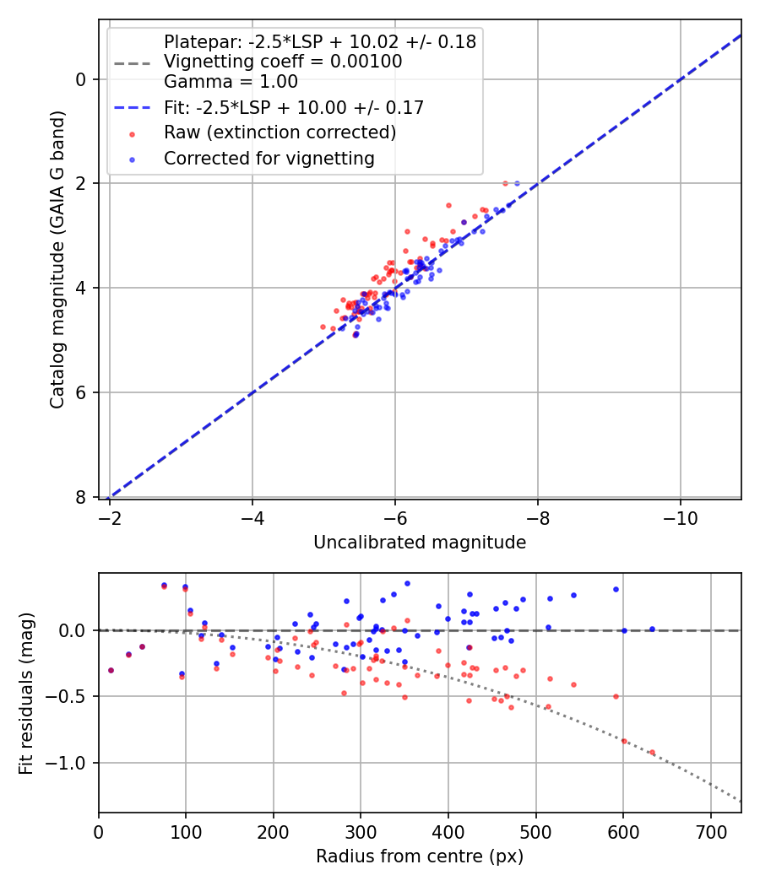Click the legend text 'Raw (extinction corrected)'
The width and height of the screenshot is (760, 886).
pyautogui.click(x=280, y=132)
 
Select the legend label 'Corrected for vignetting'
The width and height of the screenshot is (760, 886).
pyautogui.click(x=269, y=158)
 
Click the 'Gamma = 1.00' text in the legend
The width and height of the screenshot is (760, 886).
pyautogui.click(x=231, y=83)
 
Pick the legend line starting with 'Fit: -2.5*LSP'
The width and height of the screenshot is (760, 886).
pyautogui.click(x=293, y=108)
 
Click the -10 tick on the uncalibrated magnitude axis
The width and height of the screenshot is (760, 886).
pyautogui.click(x=681, y=518)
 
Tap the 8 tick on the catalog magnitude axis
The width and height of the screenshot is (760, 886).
pyautogui.click(x=82, y=497)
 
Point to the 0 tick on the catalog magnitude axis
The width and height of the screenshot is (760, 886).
pyautogui.click(x=82, y=79)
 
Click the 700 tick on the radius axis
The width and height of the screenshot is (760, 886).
pyautogui.click(x=710, y=831)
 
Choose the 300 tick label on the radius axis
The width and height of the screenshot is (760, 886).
pyautogui.click(x=361, y=831)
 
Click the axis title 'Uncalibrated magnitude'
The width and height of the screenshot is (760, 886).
pyautogui.click(x=420, y=543)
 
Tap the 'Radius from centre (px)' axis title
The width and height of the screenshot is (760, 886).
pyautogui.click(x=420, y=856)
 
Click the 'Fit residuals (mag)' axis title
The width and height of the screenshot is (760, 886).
pyautogui.click(x=27, y=693)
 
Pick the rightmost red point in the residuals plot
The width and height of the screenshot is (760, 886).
pyautogui.click(x=652, y=752)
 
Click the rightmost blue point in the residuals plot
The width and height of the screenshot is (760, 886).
pyautogui.click(x=652, y=629)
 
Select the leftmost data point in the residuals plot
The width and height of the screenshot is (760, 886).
pyautogui.click(x=111, y=670)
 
